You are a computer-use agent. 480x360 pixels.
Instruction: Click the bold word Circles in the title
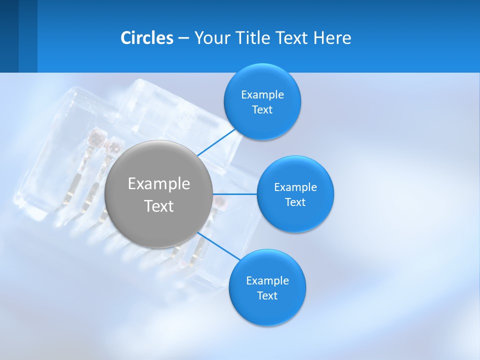point(146,38)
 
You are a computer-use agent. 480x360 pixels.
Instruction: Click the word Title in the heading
point(249,38)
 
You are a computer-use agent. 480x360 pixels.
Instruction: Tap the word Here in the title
point(332,38)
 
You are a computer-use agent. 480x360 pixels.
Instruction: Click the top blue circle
point(262,80)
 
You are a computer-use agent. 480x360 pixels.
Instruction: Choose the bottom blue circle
point(267,310)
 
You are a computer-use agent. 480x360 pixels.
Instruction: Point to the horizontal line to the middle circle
point(234,194)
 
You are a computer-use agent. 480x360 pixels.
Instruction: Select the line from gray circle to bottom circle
point(219,245)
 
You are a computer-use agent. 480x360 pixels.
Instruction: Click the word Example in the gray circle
point(159,184)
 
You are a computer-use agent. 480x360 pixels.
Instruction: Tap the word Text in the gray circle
point(159,206)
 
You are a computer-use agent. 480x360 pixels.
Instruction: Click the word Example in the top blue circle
point(262,95)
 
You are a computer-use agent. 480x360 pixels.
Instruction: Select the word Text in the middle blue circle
point(295,202)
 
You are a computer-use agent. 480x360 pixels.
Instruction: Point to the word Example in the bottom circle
point(267,280)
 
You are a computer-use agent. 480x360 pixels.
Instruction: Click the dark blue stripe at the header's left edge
point(9,36)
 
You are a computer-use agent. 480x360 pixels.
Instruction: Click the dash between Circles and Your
point(183,38)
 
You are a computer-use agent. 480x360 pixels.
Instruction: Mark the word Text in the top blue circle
point(262,110)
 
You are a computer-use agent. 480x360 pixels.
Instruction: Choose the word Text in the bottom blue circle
point(267,295)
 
